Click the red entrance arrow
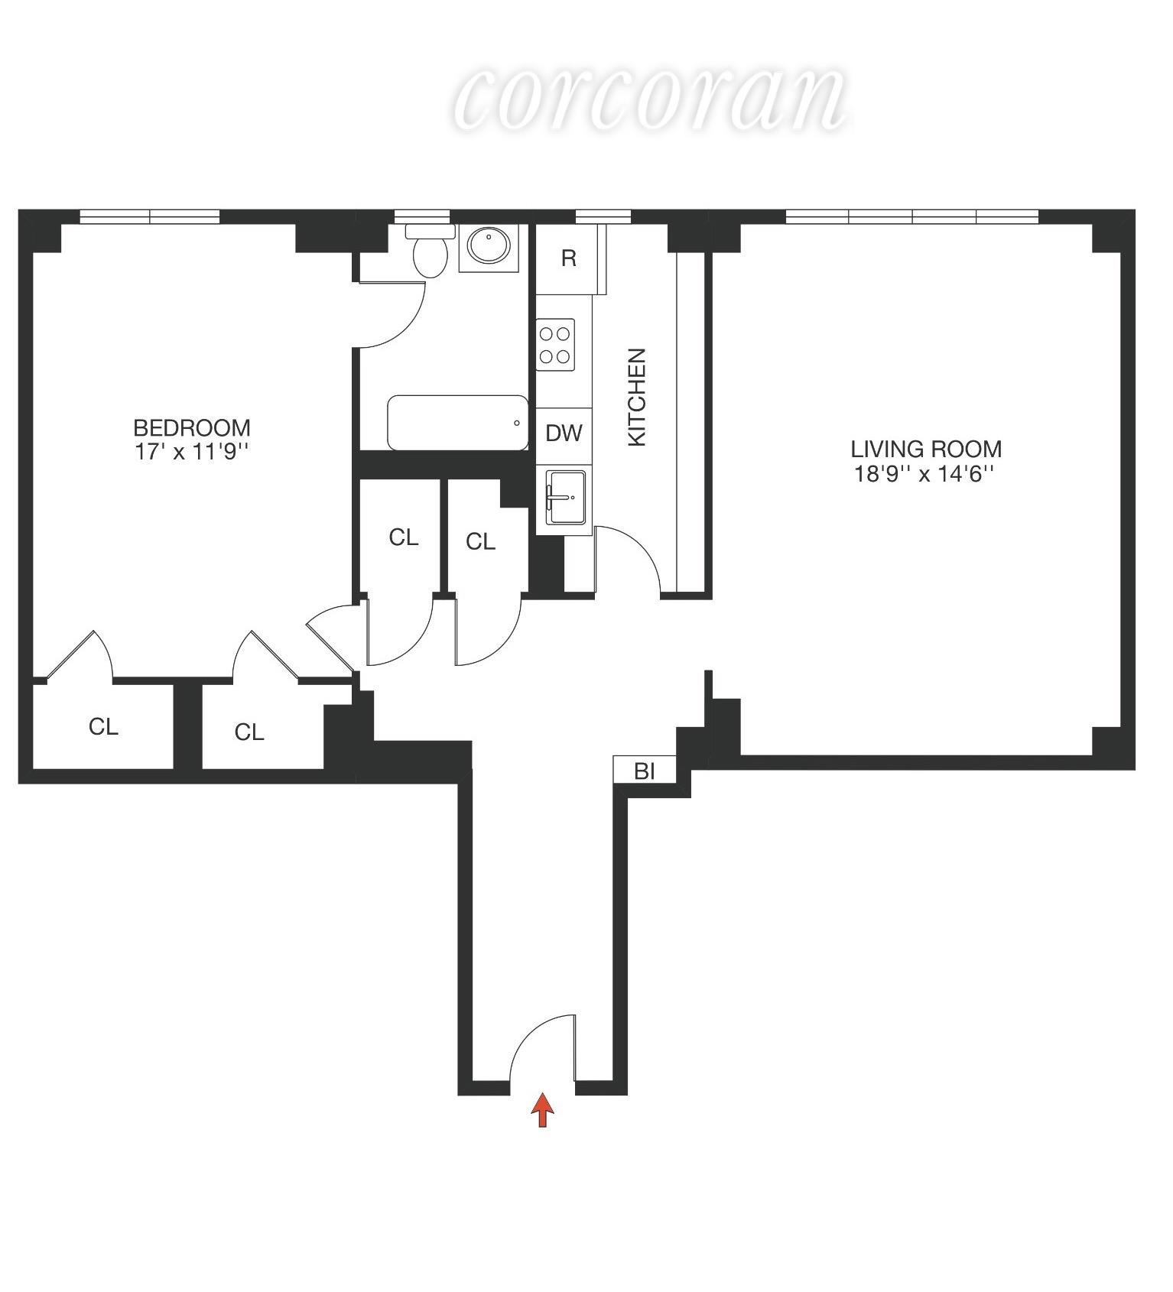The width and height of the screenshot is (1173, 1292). point(542,1109)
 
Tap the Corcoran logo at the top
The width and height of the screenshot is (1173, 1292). point(650,99)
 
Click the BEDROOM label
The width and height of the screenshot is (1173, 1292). point(192,427)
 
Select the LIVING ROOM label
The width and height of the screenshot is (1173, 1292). point(926,449)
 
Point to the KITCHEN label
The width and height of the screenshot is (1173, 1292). point(637,397)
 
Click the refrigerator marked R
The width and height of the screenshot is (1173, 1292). point(569,258)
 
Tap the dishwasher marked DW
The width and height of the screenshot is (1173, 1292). point(564,433)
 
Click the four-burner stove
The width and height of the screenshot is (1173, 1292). point(555,345)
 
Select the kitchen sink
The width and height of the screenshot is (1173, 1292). point(566,498)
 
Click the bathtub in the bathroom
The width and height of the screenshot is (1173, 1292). point(457,423)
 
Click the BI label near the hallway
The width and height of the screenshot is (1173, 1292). point(645,771)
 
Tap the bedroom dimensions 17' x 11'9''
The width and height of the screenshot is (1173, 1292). point(192,452)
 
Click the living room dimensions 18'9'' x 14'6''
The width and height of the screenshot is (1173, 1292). point(924,474)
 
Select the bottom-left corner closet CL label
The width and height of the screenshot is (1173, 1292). point(103,726)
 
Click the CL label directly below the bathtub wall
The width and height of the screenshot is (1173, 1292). point(404,537)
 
